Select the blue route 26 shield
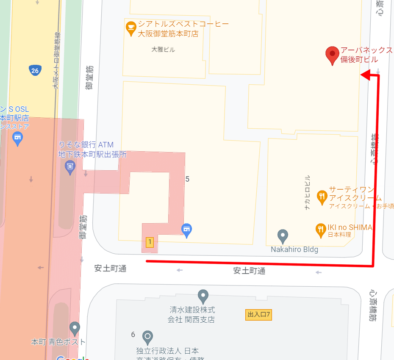pyautogui.click(x=35, y=70)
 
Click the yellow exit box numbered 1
pyautogui.click(x=149, y=242)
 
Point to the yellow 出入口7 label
pyautogui.click(x=258, y=315)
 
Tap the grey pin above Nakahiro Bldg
pyautogui.click(x=283, y=236)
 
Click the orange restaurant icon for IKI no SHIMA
pyautogui.click(x=321, y=230)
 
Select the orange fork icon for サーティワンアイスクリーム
pyautogui.click(x=322, y=195)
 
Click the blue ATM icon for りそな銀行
pyautogui.click(x=70, y=168)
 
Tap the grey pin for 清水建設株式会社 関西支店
pyautogui.click(x=203, y=296)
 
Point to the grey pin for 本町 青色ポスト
pyautogui.click(x=75, y=328)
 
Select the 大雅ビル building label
pyautogui.click(x=163, y=50)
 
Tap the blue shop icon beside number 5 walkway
pyautogui.click(x=186, y=230)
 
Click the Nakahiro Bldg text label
pyautogui.click(x=294, y=249)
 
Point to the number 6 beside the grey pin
pyautogui.click(x=133, y=335)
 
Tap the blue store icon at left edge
pyautogui.click(x=17, y=138)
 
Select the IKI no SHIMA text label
pyautogui.click(x=350, y=228)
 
